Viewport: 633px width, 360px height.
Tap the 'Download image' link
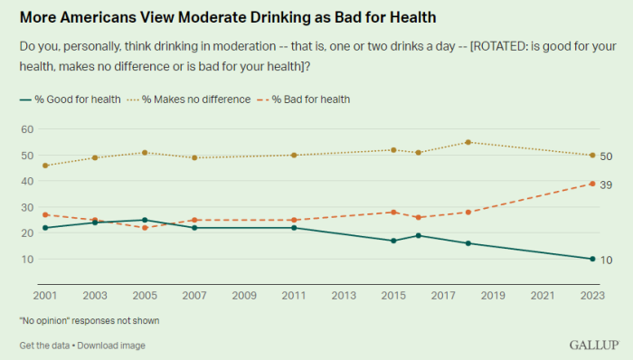coord(112,346)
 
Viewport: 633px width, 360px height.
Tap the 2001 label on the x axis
coord(44,295)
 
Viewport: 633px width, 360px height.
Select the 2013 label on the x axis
coord(343,295)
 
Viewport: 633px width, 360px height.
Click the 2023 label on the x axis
coord(591,295)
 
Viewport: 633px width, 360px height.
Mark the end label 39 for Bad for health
coord(607,184)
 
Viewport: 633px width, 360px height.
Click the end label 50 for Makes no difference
coord(607,156)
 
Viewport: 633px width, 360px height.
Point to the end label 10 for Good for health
coord(607,259)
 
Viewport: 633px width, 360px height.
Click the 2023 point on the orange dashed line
coord(591,184)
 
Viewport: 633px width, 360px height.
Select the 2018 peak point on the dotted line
coord(468,142)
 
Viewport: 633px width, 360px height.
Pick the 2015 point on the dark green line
coord(393,241)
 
